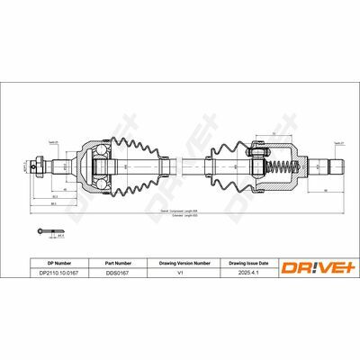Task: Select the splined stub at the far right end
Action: [335, 166]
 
